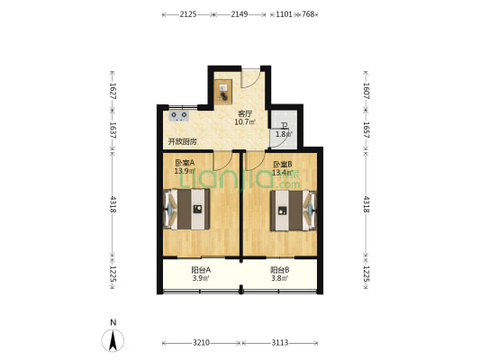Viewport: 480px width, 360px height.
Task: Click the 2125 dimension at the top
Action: [x=188, y=14]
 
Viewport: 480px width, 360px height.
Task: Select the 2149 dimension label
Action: [x=239, y=14]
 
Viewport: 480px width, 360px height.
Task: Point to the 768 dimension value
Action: [x=308, y=14]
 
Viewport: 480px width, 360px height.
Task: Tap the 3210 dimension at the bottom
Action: [x=201, y=343]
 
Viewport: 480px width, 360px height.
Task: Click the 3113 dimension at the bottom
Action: [x=280, y=343]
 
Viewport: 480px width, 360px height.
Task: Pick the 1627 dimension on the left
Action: [x=113, y=91]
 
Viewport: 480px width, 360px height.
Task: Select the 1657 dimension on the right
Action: [x=367, y=130]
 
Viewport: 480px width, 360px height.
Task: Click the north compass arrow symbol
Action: [x=113, y=340]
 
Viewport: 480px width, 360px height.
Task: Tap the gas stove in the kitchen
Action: [x=179, y=115]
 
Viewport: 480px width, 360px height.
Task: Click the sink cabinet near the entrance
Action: [x=222, y=92]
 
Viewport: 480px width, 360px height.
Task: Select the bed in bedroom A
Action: [x=186, y=209]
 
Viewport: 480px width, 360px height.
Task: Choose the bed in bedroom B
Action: [x=294, y=211]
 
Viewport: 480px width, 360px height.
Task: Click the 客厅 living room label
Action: [x=245, y=113]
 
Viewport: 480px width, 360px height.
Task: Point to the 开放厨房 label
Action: [x=182, y=141]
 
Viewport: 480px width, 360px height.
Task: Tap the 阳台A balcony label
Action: [x=201, y=270]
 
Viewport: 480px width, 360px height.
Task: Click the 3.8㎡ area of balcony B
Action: [x=279, y=278]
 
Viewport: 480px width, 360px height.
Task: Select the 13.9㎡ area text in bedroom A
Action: [x=185, y=171]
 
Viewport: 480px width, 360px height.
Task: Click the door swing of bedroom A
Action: [x=222, y=161]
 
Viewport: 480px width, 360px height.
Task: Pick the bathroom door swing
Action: [x=279, y=139]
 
